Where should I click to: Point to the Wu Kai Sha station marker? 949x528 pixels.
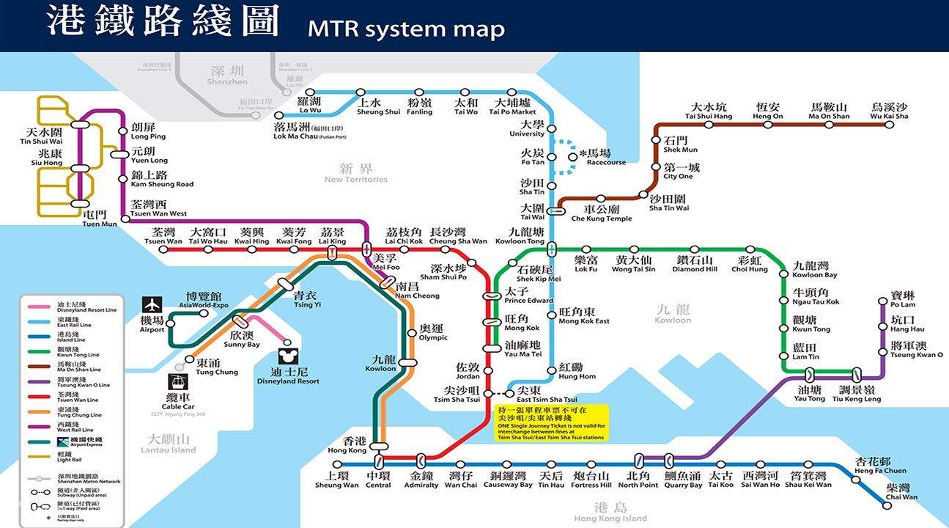tap(889, 125)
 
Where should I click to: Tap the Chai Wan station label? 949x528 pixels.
tap(901, 492)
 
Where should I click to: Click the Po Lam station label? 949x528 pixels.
tap(903, 299)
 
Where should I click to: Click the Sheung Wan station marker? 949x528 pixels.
tap(337, 464)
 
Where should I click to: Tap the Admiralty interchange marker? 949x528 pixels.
tap(421, 461)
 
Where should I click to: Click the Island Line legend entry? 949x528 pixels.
tap(71, 337)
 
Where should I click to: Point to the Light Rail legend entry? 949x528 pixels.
tap(71, 458)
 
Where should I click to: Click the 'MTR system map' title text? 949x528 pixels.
tap(406, 29)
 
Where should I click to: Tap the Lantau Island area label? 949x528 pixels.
tap(170, 444)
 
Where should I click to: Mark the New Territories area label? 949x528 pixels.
tap(356, 174)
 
